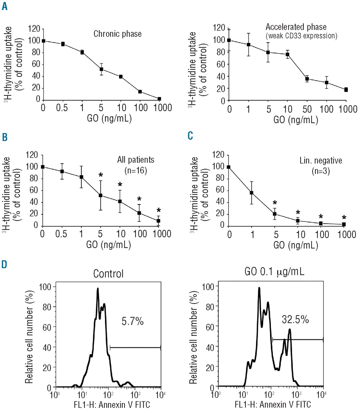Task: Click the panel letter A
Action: tap(5, 6)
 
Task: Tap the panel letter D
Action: tap(4, 265)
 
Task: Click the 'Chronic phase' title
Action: tap(118, 34)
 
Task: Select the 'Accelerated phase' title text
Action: tap(296, 27)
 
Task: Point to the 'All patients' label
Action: tap(136, 160)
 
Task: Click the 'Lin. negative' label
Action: tap(321, 160)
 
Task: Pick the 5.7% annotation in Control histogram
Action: tap(132, 321)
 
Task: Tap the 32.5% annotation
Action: tap(295, 319)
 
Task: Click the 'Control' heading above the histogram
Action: tap(108, 274)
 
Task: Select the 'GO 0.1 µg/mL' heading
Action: tap(274, 272)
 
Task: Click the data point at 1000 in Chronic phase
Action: tap(159, 99)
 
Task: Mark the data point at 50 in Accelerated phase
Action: tap(307, 79)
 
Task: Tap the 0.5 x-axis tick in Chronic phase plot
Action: tap(62, 108)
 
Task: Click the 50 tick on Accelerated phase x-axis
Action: tap(307, 109)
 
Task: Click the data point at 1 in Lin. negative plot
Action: tap(252, 193)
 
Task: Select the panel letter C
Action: tap(190, 136)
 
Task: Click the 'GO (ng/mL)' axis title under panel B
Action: tap(108, 245)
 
